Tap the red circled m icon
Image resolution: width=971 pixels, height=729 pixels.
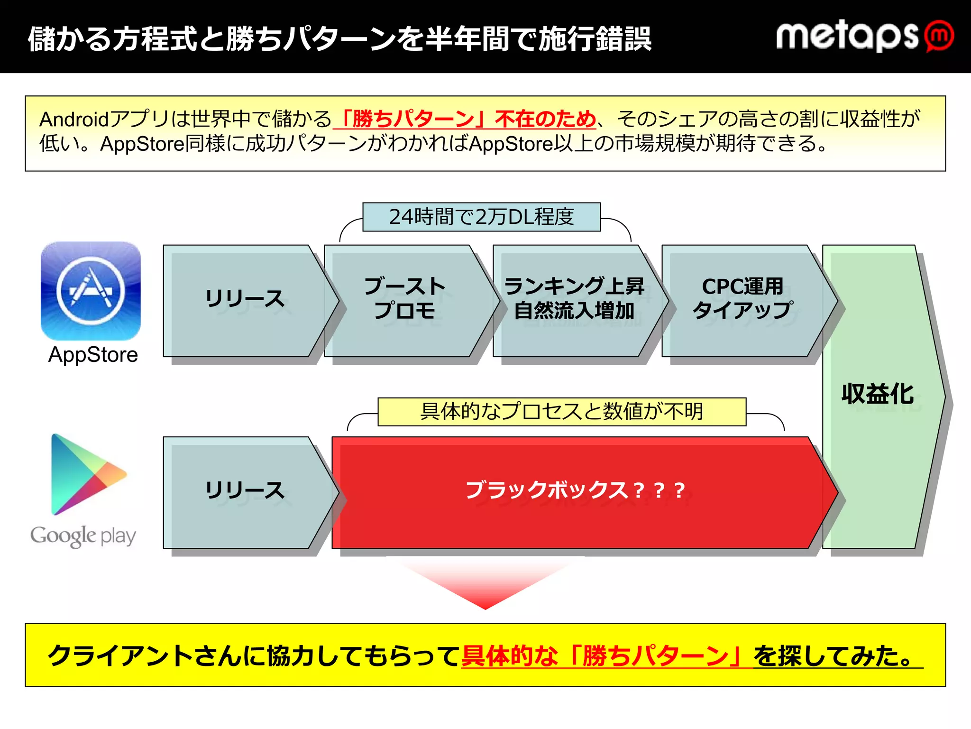[939, 36]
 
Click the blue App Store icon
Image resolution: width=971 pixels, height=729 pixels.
[91, 290]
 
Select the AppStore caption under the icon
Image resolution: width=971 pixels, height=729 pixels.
[93, 355]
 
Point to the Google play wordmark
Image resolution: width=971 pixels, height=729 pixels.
[83, 536]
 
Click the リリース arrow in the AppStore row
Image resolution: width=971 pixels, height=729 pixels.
[245, 300]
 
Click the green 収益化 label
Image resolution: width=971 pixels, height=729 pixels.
[877, 394]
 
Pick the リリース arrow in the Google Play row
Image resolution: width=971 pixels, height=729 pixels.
[245, 491]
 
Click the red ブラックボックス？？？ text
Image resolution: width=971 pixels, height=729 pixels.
[575, 490]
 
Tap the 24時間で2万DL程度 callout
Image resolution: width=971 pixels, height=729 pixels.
[481, 217]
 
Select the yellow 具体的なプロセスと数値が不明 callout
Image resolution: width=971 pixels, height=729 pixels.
[562, 412]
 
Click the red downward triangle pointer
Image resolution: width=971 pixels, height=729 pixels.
[485, 586]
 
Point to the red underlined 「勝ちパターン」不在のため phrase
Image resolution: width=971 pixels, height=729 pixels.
[465, 119]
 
